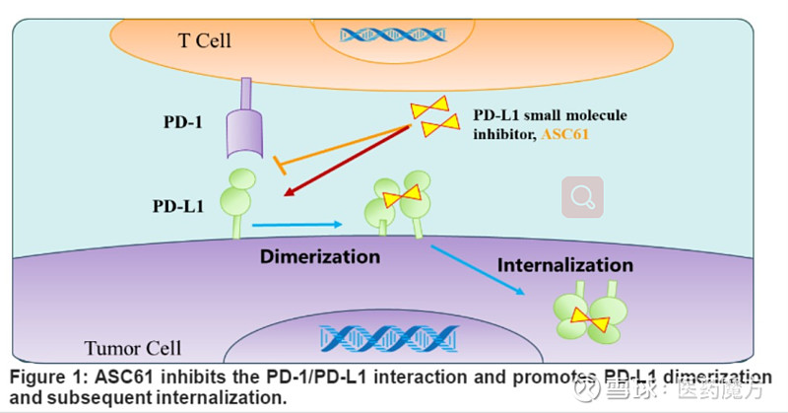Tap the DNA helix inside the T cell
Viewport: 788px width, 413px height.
(x=379, y=34)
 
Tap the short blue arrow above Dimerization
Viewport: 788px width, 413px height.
(x=295, y=227)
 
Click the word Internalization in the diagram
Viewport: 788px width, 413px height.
(x=564, y=265)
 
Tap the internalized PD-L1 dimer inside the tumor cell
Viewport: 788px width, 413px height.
(x=589, y=315)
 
